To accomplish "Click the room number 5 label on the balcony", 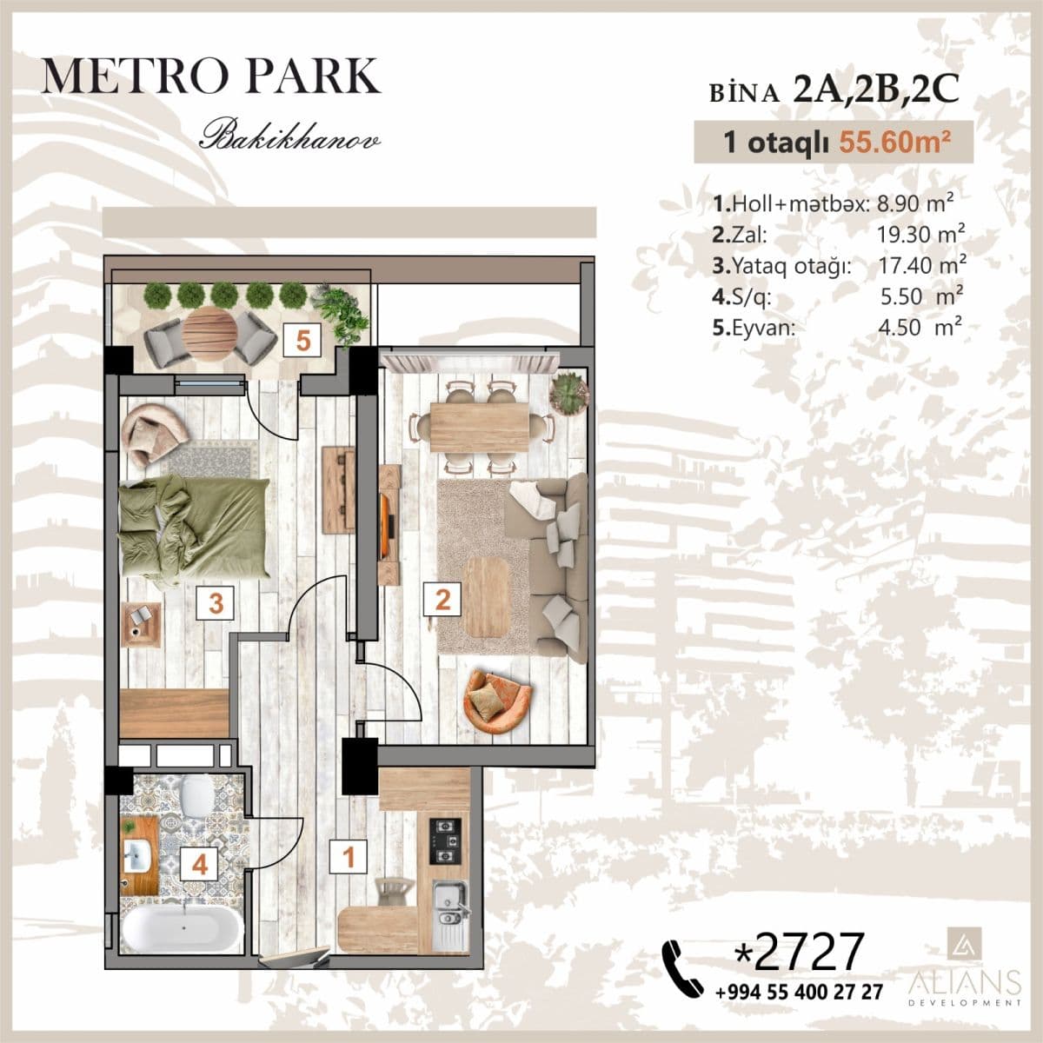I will pyautogui.click(x=302, y=340).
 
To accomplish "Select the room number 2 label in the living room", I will pyautogui.click(x=442, y=599).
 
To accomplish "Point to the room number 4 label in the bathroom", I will pyautogui.click(x=200, y=865).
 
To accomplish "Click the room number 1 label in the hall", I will pyautogui.click(x=349, y=857).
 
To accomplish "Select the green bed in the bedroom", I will pyautogui.click(x=193, y=527).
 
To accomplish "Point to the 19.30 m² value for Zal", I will pyautogui.click(x=922, y=234).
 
